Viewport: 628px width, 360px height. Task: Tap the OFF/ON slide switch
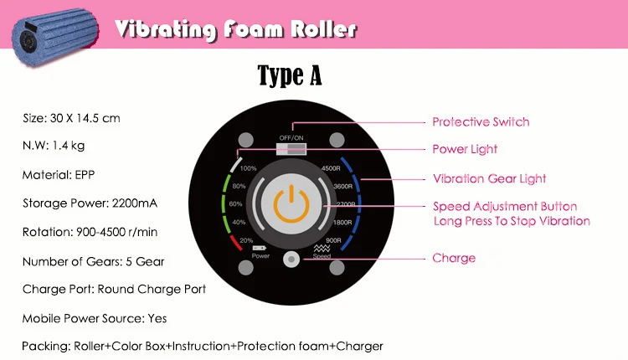(291, 149)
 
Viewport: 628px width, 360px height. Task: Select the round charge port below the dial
(291, 259)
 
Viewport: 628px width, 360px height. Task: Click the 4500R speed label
(331, 168)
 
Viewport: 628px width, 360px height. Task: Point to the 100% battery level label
(249, 168)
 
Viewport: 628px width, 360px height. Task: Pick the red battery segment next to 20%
(236, 243)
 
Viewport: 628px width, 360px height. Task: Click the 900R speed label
(333, 240)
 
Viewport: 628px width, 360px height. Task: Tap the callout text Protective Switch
(481, 121)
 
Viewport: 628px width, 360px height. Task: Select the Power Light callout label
(465, 149)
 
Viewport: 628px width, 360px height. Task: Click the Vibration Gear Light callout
(490, 178)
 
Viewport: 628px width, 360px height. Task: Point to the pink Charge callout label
(454, 259)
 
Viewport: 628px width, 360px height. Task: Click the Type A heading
(290, 75)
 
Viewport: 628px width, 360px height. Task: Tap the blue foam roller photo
(55, 36)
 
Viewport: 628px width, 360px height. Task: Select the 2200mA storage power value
(135, 203)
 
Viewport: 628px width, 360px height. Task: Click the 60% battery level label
(235, 203)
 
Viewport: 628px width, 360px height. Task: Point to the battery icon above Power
(259, 249)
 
